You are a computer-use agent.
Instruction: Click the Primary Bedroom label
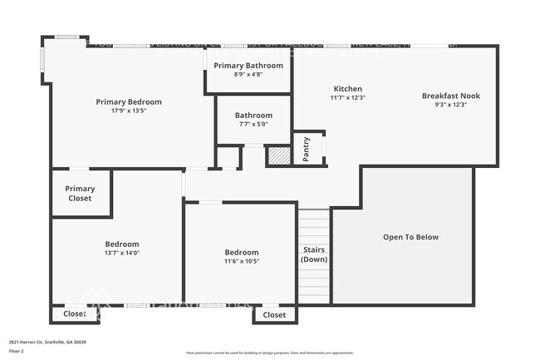point(128,101)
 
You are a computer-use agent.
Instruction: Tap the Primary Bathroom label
point(248,65)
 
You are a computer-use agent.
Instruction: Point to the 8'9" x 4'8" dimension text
point(248,74)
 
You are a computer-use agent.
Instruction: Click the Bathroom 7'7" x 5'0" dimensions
point(253,125)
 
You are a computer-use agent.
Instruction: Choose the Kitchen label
point(347,88)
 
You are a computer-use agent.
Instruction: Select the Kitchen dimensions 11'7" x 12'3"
point(347,97)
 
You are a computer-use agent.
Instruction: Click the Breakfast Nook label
point(450,96)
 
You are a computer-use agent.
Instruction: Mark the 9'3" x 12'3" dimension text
point(450,105)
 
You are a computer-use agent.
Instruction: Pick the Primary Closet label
point(80,194)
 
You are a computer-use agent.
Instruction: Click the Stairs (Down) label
point(314,254)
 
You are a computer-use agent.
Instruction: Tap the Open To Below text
point(410,237)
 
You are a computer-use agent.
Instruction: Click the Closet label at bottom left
point(75,314)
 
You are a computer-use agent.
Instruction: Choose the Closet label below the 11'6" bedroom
point(274,315)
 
